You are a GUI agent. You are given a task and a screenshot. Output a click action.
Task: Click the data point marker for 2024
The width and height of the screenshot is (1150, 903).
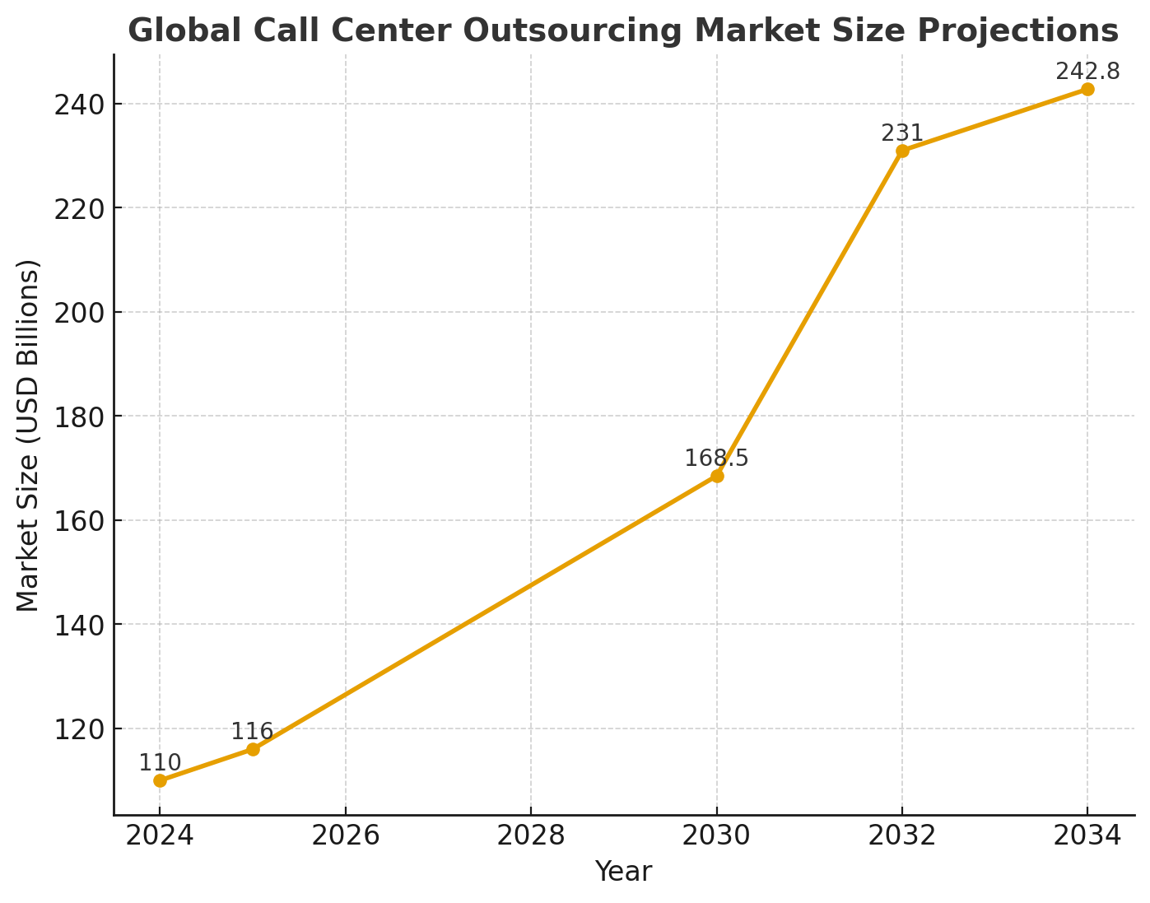(x=160, y=780)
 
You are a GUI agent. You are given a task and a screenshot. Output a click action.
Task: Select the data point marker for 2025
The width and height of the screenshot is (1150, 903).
(x=253, y=749)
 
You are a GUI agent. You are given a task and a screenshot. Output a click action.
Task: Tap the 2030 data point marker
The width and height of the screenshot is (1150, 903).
(x=717, y=476)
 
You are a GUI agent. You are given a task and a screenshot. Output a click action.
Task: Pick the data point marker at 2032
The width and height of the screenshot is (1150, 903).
(x=902, y=151)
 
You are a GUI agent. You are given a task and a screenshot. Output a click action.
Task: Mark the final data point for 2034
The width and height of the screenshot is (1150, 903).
(x=1087, y=89)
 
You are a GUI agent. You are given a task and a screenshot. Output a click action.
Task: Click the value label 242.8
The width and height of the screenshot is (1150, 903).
(x=1087, y=72)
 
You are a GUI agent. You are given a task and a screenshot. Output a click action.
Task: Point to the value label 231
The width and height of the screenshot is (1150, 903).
(x=902, y=133)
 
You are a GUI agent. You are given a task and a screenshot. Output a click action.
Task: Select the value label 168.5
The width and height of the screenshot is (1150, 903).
(x=717, y=458)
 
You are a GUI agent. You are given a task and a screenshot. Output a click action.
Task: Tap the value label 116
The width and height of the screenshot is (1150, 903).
(x=252, y=732)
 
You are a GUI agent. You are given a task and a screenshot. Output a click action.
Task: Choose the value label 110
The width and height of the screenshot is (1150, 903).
(x=160, y=763)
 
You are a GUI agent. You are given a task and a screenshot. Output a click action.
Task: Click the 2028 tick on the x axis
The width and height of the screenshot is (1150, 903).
(x=531, y=836)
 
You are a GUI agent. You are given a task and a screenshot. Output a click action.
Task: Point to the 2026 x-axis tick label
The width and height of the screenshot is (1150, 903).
(x=345, y=836)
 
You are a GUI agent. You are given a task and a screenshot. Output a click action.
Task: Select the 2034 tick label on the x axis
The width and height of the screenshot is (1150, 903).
(x=1087, y=836)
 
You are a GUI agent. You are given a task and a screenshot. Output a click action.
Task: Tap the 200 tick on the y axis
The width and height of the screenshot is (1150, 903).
(x=81, y=313)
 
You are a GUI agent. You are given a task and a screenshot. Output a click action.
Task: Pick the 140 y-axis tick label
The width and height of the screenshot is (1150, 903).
(x=81, y=625)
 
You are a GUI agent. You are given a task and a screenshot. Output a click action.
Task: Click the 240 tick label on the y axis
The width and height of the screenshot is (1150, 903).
(x=81, y=105)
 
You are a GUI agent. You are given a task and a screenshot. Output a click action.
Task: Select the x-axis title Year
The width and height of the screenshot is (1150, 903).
(x=623, y=872)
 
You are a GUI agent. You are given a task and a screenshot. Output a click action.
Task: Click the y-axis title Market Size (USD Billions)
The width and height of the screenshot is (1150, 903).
(x=28, y=435)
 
